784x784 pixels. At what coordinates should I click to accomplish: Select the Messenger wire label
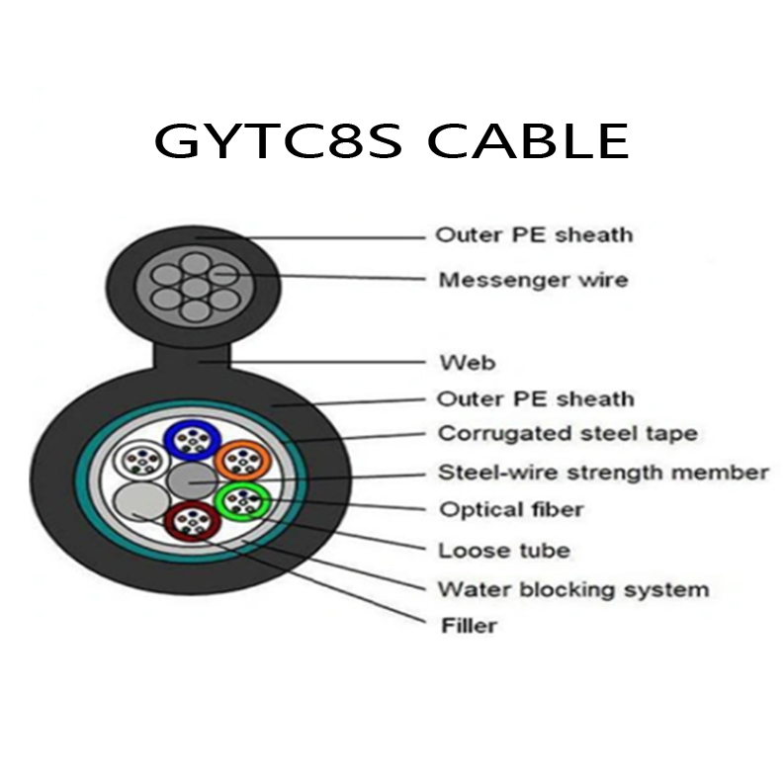532,280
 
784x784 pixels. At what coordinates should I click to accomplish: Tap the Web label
467,362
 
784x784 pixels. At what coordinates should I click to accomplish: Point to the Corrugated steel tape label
566,433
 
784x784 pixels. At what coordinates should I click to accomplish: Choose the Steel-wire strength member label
602,473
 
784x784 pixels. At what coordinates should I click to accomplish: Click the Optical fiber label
509,510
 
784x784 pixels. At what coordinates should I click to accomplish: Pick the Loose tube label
503,550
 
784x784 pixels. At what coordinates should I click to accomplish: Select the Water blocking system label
572,589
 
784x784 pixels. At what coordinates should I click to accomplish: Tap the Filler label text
467,625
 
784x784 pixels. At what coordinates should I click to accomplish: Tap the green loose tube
240,502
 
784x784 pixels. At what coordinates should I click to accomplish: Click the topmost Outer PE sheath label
533,235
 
